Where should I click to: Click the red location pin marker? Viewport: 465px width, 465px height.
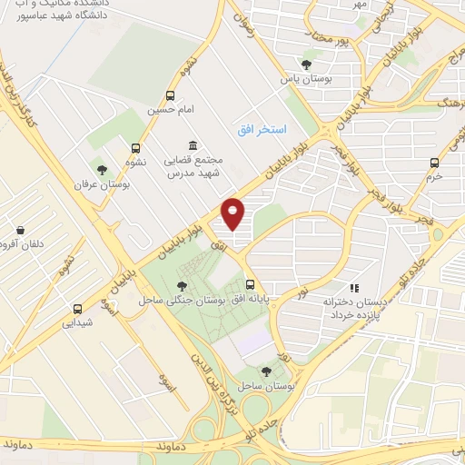coord(233,213)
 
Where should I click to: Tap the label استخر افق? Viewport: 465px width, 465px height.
coord(262,131)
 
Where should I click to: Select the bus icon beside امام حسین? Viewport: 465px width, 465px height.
coord(172,95)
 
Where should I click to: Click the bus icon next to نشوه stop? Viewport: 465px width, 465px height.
coord(136,149)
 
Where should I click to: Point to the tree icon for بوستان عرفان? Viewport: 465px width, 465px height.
coord(102,170)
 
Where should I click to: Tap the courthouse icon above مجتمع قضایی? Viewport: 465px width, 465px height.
coord(192,145)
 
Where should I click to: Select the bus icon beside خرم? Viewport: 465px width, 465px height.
coord(434,163)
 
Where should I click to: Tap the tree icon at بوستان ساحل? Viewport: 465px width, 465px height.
coord(265,371)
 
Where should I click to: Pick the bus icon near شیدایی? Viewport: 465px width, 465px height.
coord(77,308)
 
